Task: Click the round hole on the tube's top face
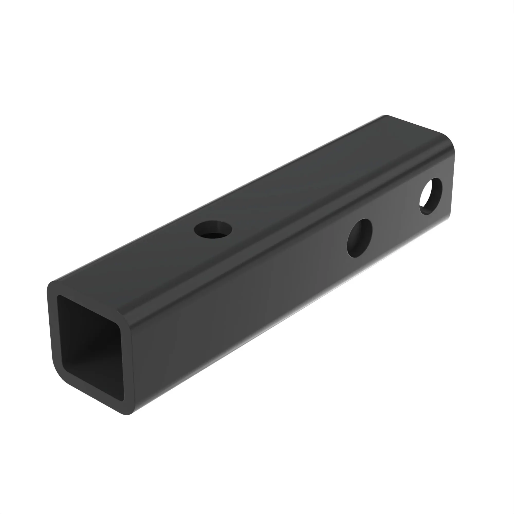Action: click(x=213, y=229)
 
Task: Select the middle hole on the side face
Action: click(x=360, y=238)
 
